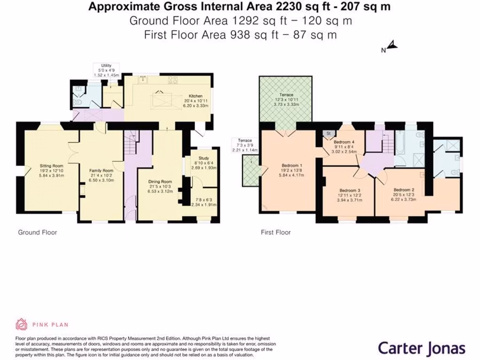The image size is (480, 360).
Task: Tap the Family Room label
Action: coord(102,170)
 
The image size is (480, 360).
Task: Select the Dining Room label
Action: coord(160,181)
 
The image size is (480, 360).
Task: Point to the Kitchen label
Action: coord(195,96)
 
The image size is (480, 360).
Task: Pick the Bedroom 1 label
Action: coord(292,165)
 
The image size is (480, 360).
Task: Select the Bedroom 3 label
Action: coord(349,190)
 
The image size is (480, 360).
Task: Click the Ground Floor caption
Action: coord(37,232)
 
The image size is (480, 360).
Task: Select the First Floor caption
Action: coord(276,232)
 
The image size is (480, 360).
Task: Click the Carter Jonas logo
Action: coord(421,348)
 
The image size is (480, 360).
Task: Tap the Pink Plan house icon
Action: coord(22,324)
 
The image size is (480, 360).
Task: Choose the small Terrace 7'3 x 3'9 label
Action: coord(245,140)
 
